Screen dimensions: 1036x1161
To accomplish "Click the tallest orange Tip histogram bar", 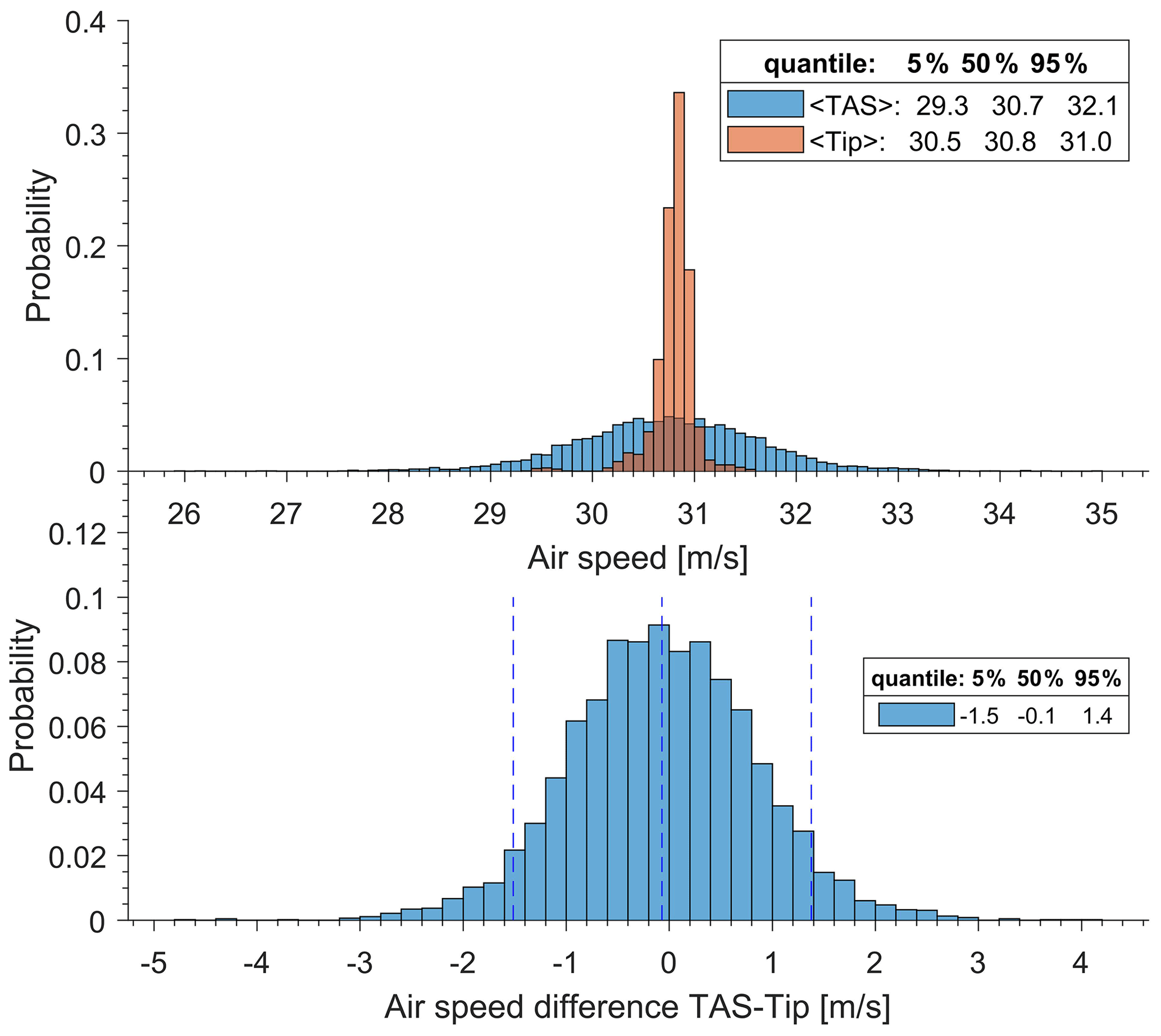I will coord(679,256).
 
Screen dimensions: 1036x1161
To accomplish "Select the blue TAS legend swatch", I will coord(764,104).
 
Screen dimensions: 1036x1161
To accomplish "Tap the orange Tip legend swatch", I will coord(764,140).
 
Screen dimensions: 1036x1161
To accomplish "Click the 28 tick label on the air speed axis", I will coord(388,514).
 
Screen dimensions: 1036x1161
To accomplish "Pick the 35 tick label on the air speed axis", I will coord(1101,514).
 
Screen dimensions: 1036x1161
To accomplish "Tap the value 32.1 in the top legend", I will coord(1092,106).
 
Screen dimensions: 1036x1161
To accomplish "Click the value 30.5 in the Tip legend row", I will coord(935,142).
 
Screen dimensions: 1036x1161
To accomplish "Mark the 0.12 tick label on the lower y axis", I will coord(78,535).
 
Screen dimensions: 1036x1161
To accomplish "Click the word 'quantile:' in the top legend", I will coord(819,65).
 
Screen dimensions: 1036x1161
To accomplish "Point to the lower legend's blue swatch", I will coord(916,714).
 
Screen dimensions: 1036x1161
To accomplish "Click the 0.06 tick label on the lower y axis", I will coord(78,728).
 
